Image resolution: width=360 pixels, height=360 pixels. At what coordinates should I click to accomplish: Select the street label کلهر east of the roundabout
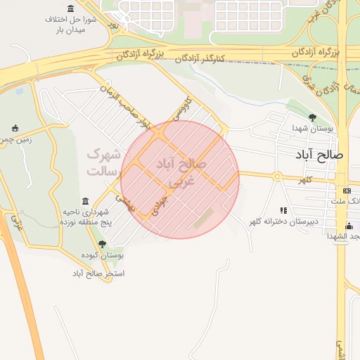click(304, 180)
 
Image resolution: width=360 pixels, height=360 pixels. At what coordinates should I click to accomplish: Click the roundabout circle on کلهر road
click(278, 176)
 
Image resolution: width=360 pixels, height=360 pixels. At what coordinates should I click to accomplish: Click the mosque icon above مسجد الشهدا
click(349, 225)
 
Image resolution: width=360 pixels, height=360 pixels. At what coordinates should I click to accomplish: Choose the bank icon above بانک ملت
click(347, 191)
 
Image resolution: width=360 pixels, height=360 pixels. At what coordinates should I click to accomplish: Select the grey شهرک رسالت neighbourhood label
click(103, 162)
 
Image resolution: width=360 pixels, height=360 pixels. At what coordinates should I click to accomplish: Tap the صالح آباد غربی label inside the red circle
click(182, 172)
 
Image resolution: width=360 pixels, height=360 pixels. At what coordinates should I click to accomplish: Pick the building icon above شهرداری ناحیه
click(86, 201)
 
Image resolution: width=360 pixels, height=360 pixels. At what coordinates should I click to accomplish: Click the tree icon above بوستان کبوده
click(102, 245)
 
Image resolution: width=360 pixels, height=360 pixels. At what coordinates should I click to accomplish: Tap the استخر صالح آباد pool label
click(98, 272)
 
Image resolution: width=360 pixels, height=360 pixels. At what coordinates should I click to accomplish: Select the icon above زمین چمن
click(15, 128)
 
